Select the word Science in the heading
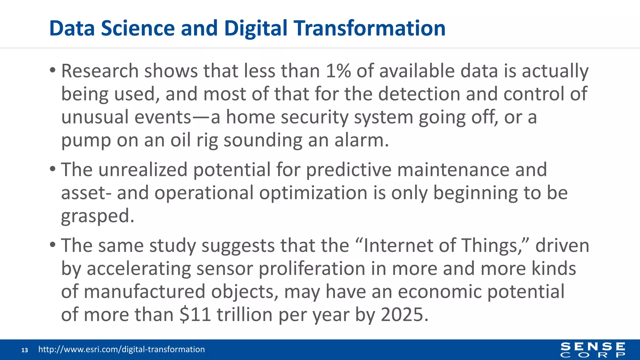pos(137,28)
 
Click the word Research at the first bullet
pos(100,71)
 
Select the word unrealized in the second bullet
pos(143,170)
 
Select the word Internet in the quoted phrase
pos(398,245)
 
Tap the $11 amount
pos(195,315)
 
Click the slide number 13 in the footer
pos(25,350)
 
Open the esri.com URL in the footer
pos(122,349)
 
